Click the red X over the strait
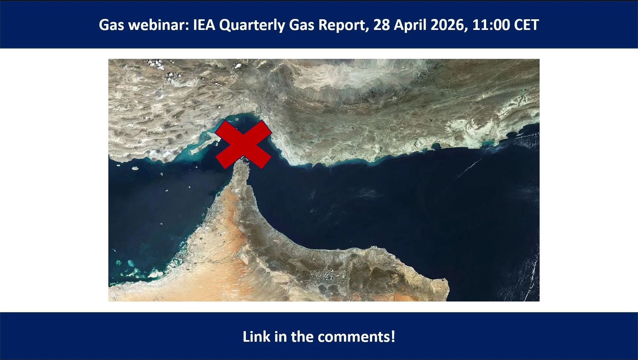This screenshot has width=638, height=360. (x=244, y=144)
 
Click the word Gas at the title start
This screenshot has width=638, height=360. (x=111, y=25)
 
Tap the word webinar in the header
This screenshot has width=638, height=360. (x=158, y=25)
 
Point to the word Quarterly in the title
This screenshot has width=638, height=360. (x=252, y=25)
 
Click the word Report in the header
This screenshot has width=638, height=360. (x=343, y=25)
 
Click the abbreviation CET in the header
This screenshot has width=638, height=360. (x=526, y=25)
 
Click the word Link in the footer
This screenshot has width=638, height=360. (x=256, y=337)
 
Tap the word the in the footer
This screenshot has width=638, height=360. (x=302, y=337)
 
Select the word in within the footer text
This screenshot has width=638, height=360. (x=280, y=337)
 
